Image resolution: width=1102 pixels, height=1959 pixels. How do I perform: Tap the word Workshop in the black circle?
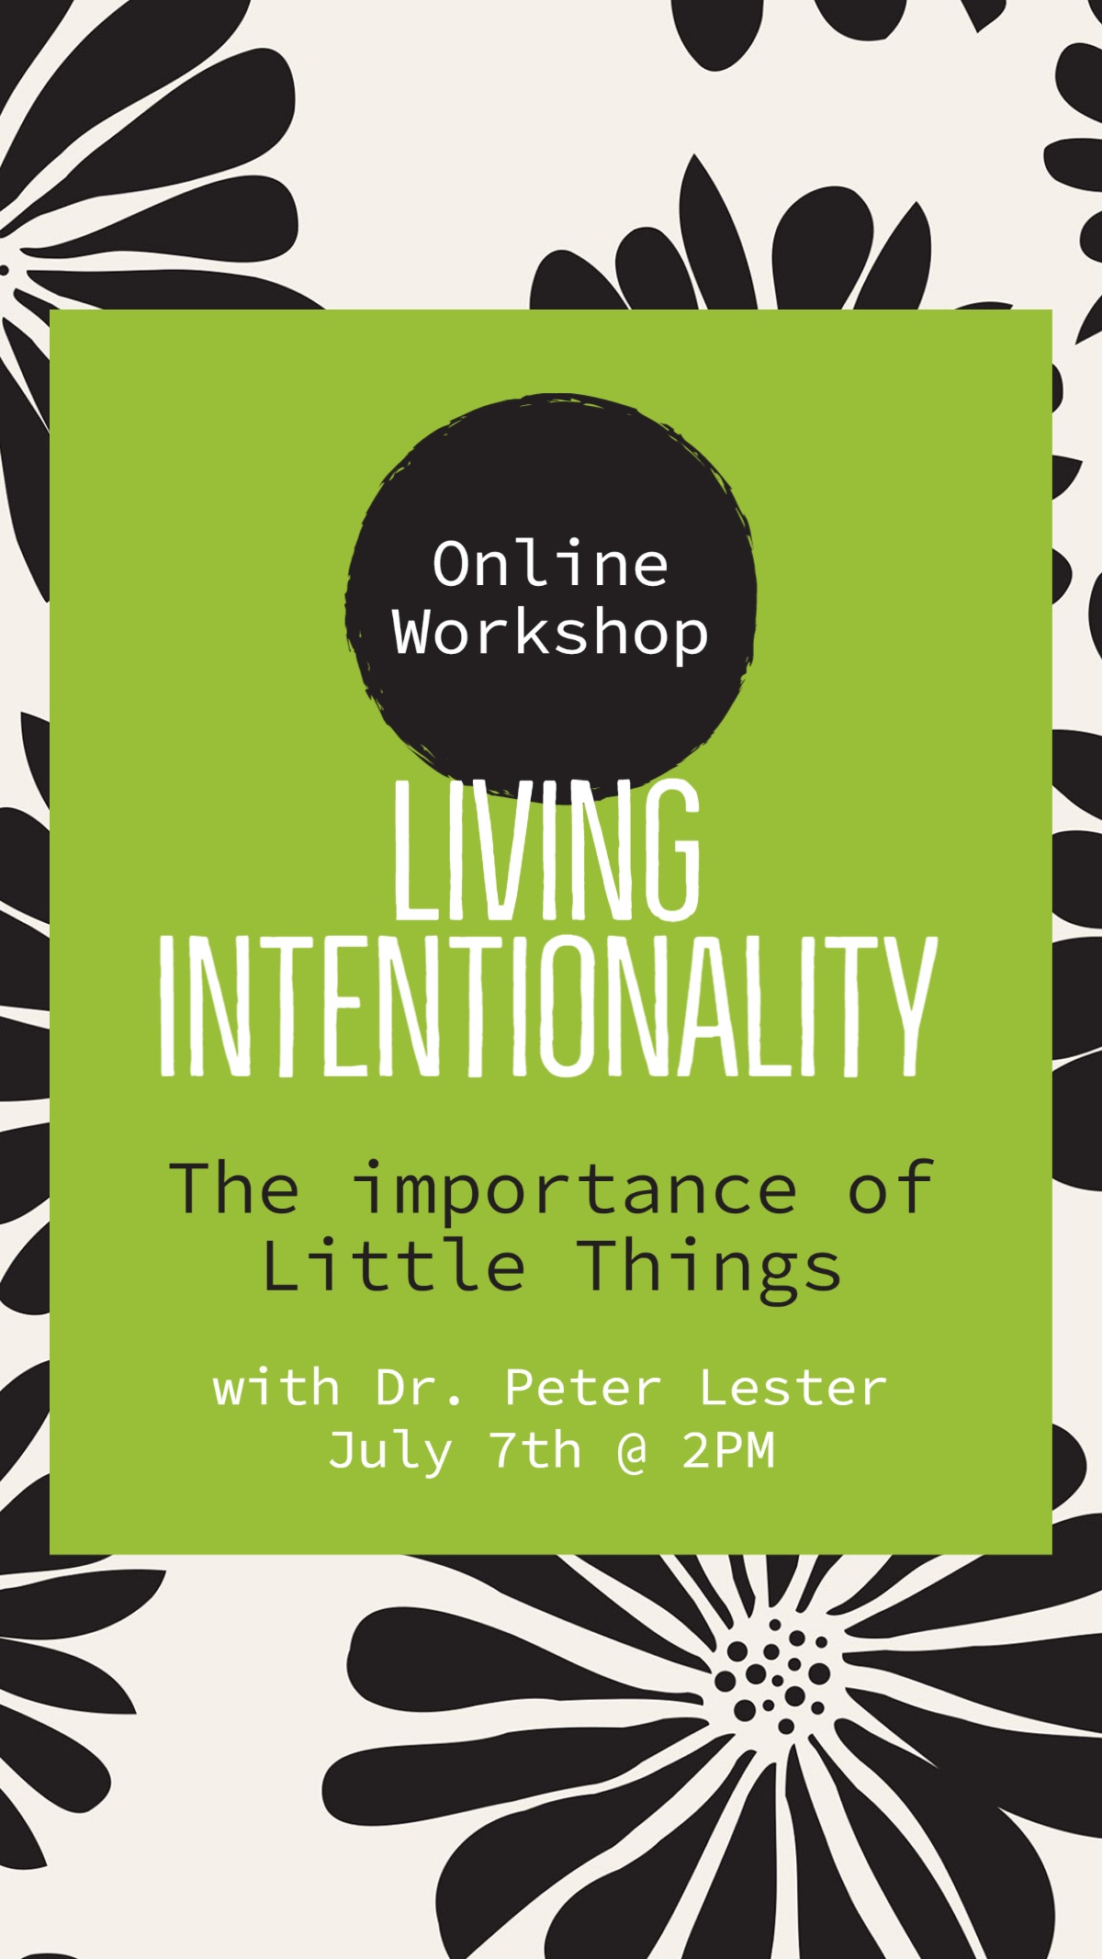click(x=551, y=634)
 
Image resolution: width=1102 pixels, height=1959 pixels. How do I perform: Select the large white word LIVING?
click(x=548, y=850)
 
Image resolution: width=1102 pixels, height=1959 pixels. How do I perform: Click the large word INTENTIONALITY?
click(x=549, y=1007)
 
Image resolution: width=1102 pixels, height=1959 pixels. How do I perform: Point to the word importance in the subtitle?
click(x=575, y=1190)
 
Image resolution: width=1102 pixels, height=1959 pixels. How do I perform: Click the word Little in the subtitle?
click(x=394, y=1266)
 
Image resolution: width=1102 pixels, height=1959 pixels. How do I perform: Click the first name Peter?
click(x=583, y=1388)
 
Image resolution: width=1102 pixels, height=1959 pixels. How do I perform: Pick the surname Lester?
click(x=793, y=1388)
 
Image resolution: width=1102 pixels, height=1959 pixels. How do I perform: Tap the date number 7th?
click(x=537, y=1451)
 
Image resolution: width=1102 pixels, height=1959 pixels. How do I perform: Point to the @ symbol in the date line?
click(x=632, y=1453)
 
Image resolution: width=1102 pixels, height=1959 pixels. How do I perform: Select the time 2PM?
click(x=729, y=1451)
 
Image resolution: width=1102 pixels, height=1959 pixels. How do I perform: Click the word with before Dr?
click(x=275, y=1388)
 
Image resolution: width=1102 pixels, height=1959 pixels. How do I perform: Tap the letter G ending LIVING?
click(x=671, y=850)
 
